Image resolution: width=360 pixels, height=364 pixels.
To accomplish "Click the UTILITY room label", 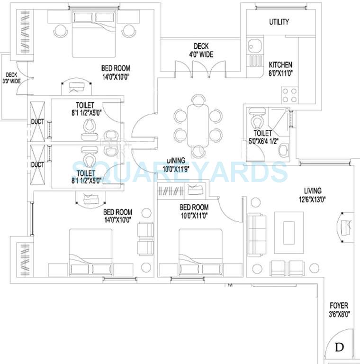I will (x=279, y=22).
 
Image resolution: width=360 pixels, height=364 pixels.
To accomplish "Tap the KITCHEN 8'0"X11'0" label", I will (x=280, y=69).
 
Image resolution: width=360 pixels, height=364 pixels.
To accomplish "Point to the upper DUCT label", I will (x=37, y=122).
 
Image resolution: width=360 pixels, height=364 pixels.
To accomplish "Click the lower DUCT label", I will (x=37, y=164).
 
